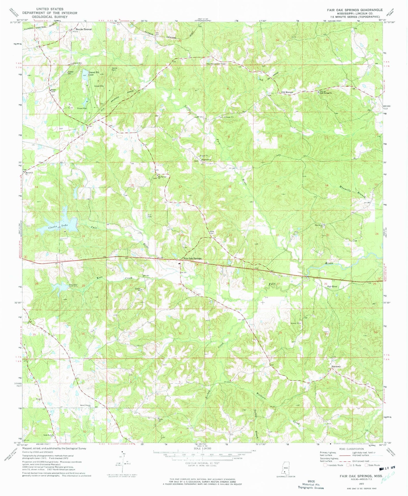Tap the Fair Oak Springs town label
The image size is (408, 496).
[192, 259]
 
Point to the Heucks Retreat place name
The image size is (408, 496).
[84, 29]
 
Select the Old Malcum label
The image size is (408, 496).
[287, 92]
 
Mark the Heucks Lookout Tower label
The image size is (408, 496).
[216, 64]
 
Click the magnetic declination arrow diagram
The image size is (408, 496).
[122, 461]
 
